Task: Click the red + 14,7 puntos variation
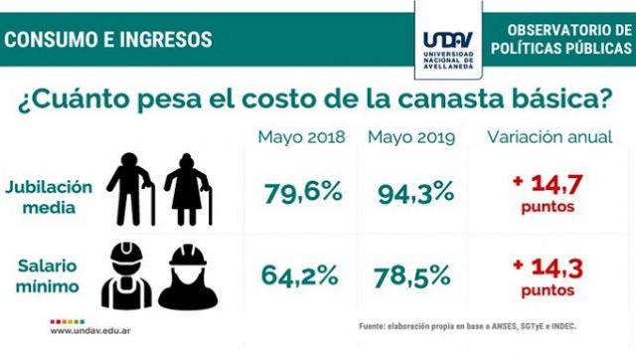546,192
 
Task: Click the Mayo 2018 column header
301,137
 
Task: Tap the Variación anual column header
546,137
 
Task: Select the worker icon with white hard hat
126,275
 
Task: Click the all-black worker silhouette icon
187,275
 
